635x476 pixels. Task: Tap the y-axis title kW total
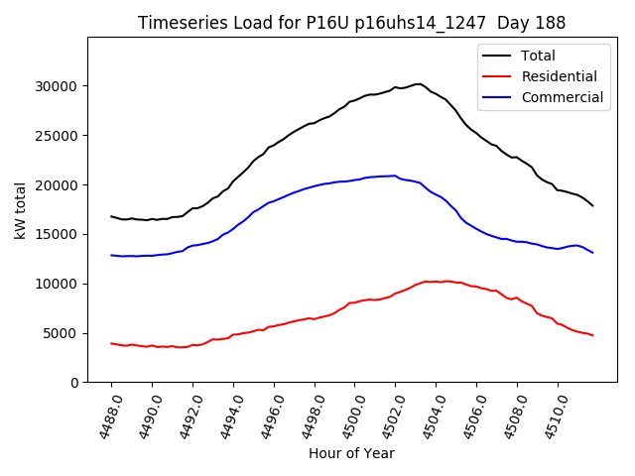21,209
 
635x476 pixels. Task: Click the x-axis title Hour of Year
351,453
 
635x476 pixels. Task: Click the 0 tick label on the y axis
75,383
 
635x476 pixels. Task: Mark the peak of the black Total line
418,84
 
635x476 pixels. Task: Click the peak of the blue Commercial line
394,176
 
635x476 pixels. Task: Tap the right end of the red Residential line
592,335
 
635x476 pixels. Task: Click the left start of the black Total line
111,216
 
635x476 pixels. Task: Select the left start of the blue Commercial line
111,255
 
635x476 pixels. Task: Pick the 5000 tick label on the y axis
63,333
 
